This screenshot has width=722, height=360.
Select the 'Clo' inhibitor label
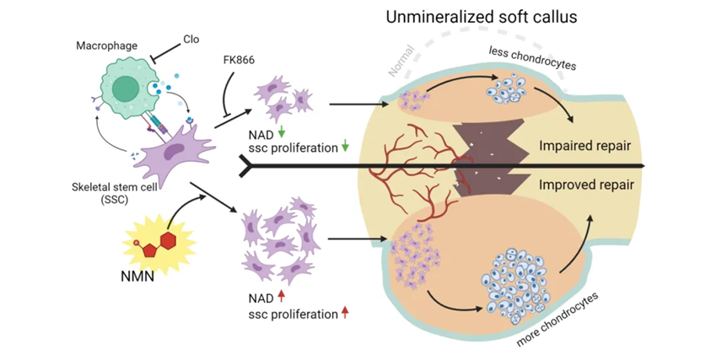click(191, 40)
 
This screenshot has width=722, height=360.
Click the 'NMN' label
click(135, 274)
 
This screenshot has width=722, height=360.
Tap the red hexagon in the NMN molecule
click(169, 239)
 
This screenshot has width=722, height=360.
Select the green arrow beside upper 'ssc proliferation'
click(345, 149)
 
